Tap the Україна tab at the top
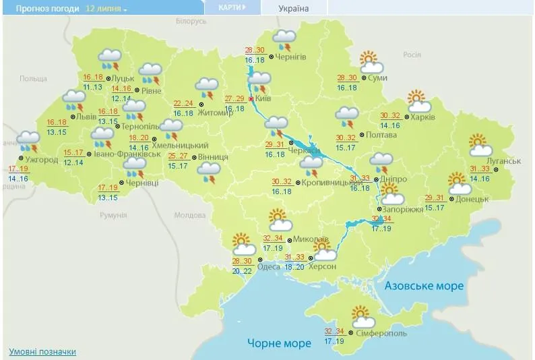click(294, 8)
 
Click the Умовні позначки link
click(42, 352)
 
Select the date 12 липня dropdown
click(106, 8)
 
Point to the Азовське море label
click(424, 286)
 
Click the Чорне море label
click(279, 343)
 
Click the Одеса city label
click(269, 266)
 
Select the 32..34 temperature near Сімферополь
click(334, 331)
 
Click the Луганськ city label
click(504, 161)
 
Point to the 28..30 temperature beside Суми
click(347, 78)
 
